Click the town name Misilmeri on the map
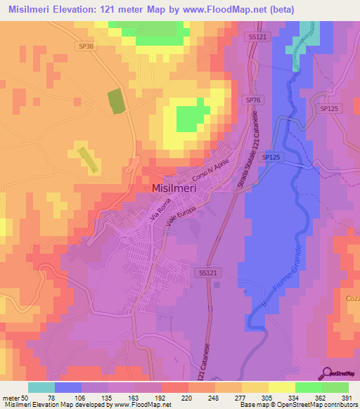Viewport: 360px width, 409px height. click(x=179, y=188)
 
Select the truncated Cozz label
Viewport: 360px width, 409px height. click(x=352, y=299)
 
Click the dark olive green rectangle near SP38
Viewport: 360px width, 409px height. click(x=114, y=102)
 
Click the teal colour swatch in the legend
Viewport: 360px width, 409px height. click(x=41, y=387)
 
